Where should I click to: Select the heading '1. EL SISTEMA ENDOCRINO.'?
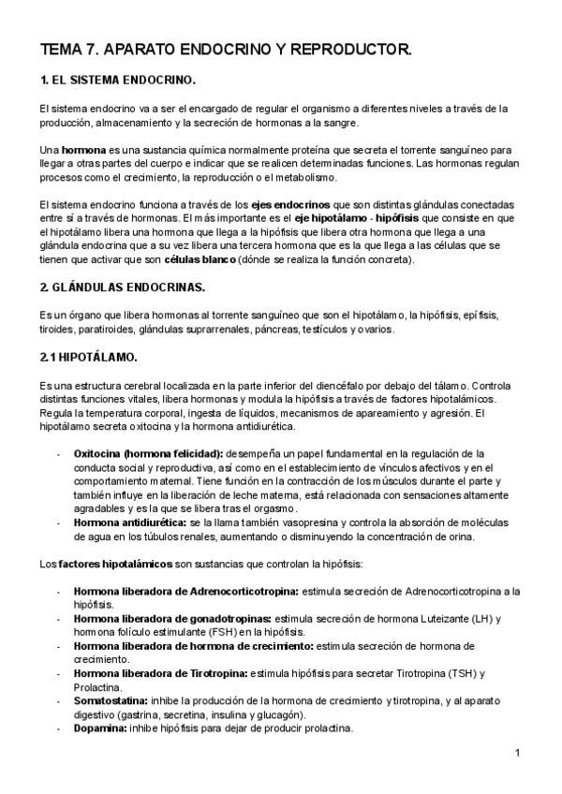point(117,81)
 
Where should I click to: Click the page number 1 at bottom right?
point(517,752)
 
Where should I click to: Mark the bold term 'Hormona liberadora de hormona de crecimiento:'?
point(194,646)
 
